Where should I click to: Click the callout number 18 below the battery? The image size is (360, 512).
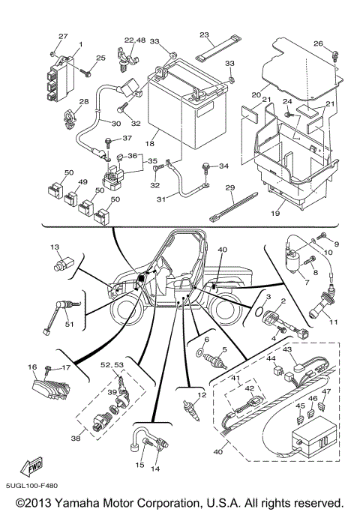point(150,142)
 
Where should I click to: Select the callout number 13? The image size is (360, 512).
point(54,247)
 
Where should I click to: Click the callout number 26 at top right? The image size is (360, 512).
point(317,43)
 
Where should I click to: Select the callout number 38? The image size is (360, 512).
point(76,437)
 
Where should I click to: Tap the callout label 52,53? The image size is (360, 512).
point(112,364)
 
